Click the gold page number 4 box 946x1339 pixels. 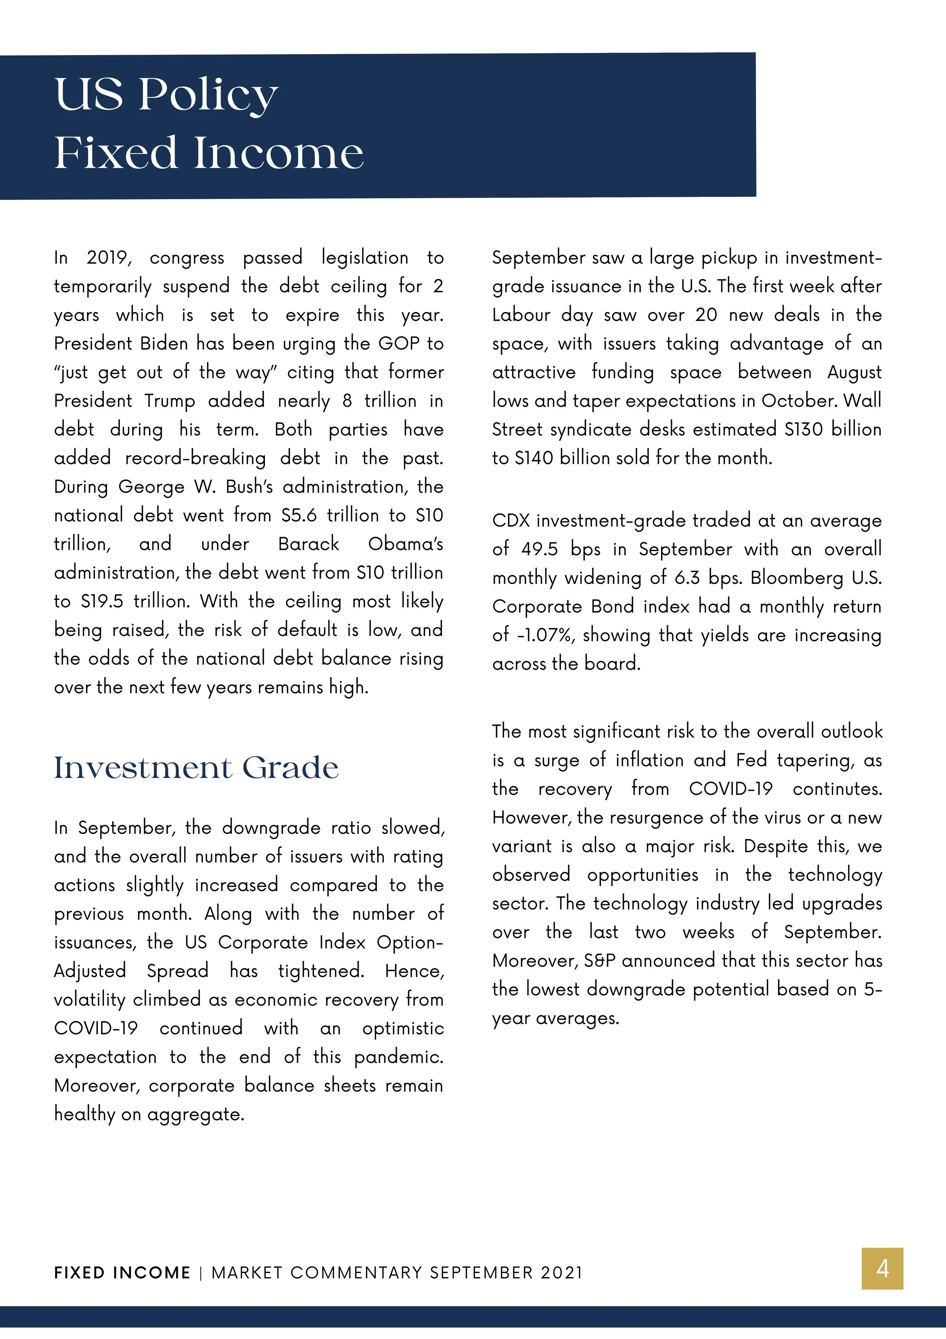point(882,1269)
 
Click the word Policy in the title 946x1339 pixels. point(208,95)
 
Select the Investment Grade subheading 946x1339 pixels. point(196,768)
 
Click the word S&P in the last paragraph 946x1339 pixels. point(600,960)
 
